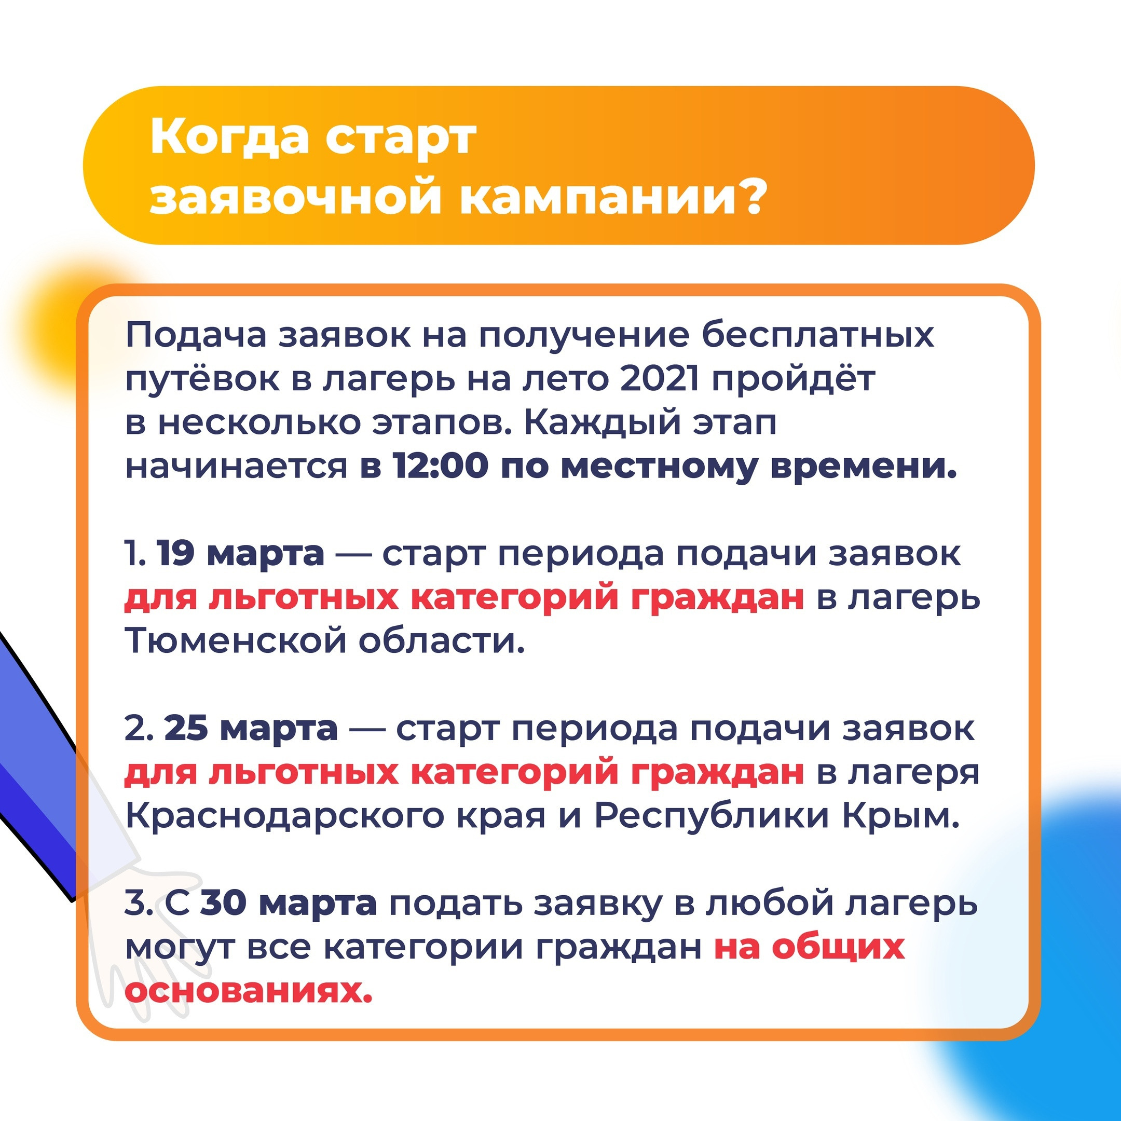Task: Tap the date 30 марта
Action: (289, 903)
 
